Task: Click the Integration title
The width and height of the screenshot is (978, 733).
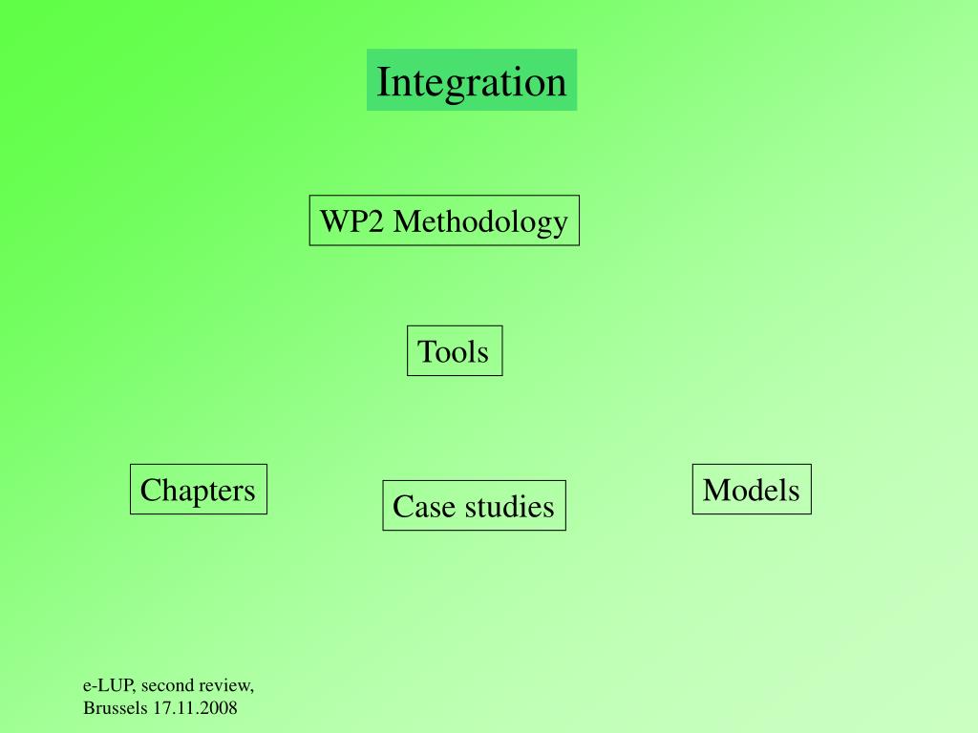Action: click(472, 81)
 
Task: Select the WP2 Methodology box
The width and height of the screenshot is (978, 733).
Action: click(444, 221)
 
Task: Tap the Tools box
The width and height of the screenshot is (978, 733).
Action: click(455, 351)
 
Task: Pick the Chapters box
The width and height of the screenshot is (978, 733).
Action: click(199, 490)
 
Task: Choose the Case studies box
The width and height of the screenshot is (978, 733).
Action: click(474, 506)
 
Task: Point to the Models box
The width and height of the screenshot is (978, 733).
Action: click(752, 490)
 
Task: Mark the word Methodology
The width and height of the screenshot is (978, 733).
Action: click(480, 222)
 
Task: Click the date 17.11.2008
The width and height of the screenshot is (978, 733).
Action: click(194, 708)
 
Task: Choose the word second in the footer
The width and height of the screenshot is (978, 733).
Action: click(169, 685)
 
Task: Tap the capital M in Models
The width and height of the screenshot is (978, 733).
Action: click(714, 490)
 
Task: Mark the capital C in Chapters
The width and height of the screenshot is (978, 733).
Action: click(149, 490)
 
